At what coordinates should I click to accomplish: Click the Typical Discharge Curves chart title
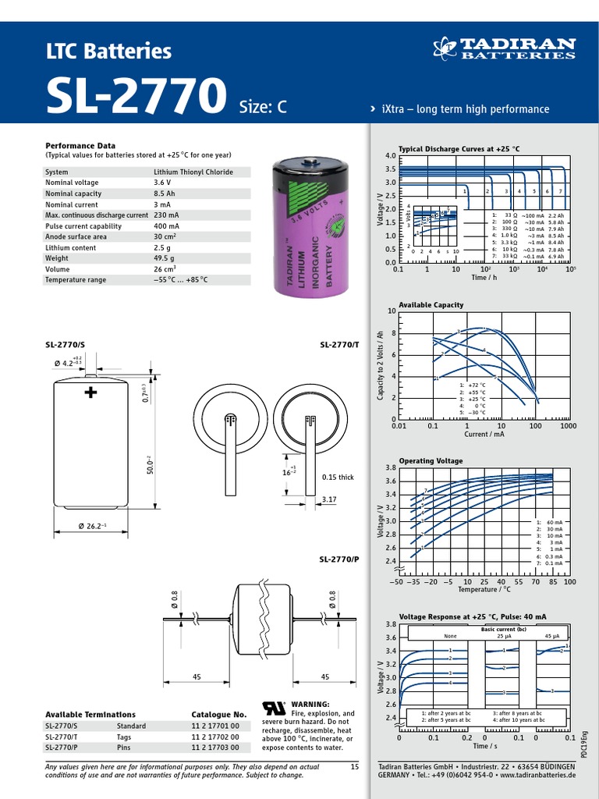(x=459, y=148)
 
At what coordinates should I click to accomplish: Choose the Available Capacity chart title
(x=431, y=305)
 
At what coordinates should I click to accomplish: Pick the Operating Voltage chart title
(x=431, y=461)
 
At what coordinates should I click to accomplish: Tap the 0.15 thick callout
(x=338, y=478)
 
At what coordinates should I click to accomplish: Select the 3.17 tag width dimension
(x=329, y=499)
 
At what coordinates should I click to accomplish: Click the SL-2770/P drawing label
(x=339, y=559)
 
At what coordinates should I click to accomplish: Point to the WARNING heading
(x=310, y=704)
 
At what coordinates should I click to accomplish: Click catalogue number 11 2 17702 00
(x=215, y=737)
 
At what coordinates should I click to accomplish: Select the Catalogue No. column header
(x=219, y=715)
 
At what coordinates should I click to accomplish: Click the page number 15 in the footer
(x=354, y=768)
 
